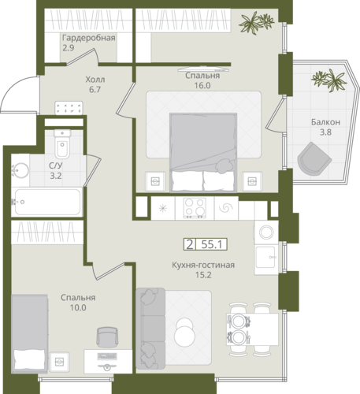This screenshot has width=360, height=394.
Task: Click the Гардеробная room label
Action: (x=89, y=38)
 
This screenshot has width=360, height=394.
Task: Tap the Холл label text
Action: (x=95, y=80)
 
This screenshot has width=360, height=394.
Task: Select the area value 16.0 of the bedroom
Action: (x=202, y=85)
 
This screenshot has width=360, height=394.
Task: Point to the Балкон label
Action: (x=325, y=122)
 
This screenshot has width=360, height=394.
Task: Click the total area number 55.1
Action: (x=212, y=244)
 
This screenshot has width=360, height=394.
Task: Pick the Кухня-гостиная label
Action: (x=203, y=265)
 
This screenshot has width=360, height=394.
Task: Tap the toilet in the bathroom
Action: (x=62, y=144)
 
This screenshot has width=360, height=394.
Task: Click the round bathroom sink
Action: (x=20, y=170)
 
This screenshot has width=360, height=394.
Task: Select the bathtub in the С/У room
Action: (x=47, y=202)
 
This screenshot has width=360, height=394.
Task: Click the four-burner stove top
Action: (x=195, y=208)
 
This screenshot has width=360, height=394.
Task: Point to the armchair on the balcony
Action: (x=314, y=160)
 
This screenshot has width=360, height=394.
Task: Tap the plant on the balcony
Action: (x=328, y=80)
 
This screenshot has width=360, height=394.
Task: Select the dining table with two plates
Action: (x=252, y=329)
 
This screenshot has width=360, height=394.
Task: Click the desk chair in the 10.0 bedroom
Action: (x=107, y=337)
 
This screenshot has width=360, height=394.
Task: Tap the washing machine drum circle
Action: (x=266, y=232)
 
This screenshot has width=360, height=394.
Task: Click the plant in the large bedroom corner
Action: (x=256, y=22)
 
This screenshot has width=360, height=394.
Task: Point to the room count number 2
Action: (x=189, y=244)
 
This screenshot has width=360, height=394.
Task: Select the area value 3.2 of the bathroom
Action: (x=56, y=176)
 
